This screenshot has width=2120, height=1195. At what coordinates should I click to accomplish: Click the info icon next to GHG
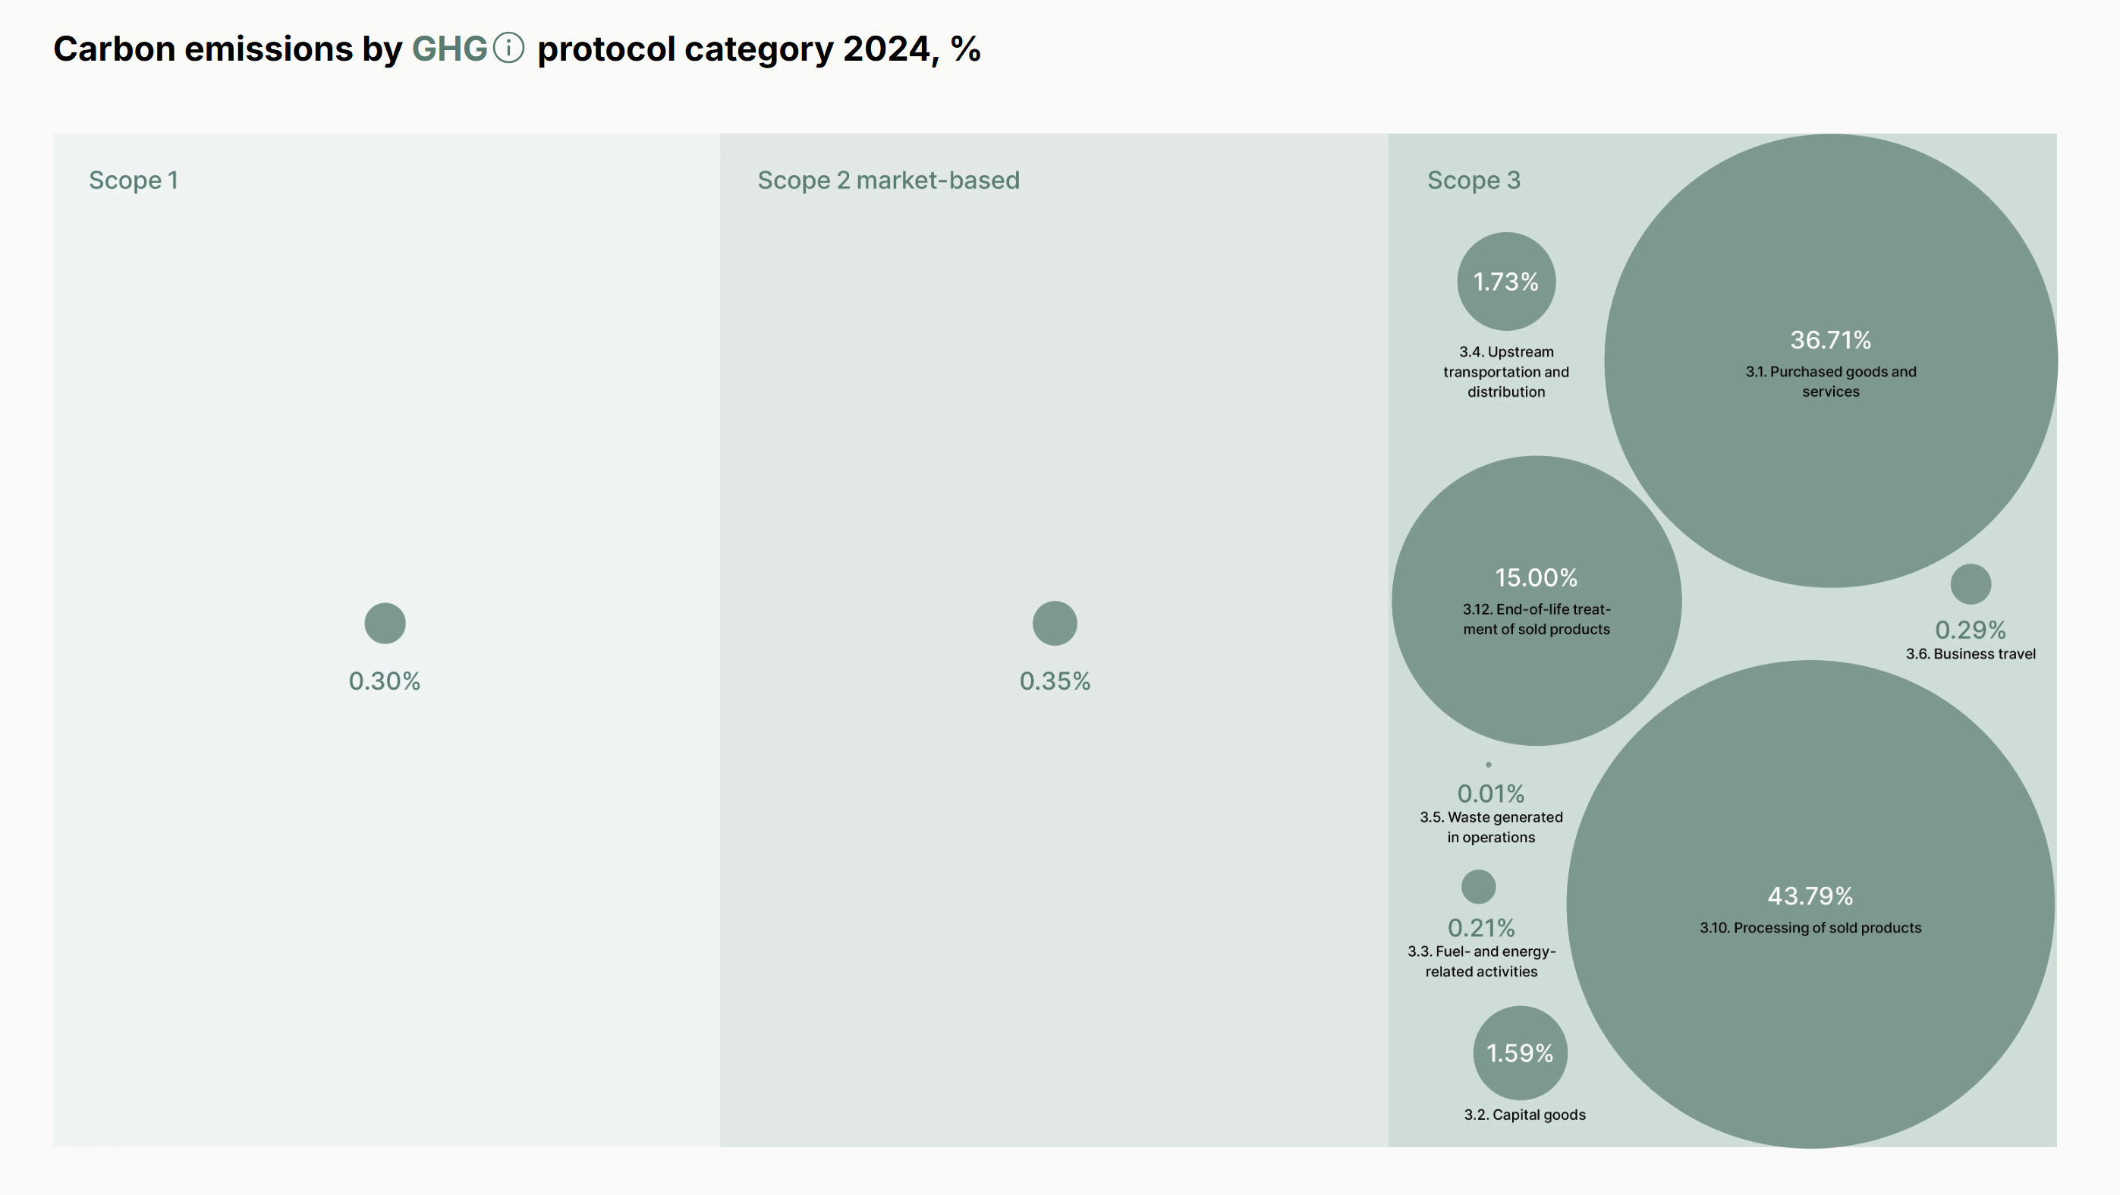(508, 48)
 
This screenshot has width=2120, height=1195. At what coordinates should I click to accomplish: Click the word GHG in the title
(449, 49)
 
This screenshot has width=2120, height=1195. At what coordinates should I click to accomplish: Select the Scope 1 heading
(134, 181)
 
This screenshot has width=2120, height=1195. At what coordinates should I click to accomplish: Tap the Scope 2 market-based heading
(888, 181)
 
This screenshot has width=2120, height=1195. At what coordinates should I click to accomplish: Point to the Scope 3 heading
(1473, 181)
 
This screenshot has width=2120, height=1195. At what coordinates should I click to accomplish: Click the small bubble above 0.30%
(385, 623)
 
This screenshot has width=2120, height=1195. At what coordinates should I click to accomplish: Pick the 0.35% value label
(1054, 681)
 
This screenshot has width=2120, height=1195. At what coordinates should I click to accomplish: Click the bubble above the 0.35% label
(1054, 623)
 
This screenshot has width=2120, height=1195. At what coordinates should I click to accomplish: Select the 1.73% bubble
(1505, 281)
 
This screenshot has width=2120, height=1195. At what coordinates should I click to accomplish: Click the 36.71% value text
(1830, 340)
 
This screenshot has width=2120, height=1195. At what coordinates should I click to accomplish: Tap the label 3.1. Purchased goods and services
(1830, 381)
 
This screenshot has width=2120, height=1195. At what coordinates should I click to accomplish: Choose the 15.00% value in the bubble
(1536, 577)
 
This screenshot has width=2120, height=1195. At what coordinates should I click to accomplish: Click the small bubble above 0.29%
(1971, 584)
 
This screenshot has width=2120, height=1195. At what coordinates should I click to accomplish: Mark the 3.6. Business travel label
(1971, 653)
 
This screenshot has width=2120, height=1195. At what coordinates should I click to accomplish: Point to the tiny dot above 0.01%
(1488, 765)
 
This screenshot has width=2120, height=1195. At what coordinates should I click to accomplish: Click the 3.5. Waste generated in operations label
(1490, 827)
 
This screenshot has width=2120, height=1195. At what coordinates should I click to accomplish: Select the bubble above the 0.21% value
(1478, 886)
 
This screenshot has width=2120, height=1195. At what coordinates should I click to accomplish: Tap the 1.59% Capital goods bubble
(1519, 1052)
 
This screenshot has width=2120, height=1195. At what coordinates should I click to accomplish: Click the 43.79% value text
(1810, 895)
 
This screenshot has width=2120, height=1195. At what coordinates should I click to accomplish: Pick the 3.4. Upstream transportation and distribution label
(1505, 372)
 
